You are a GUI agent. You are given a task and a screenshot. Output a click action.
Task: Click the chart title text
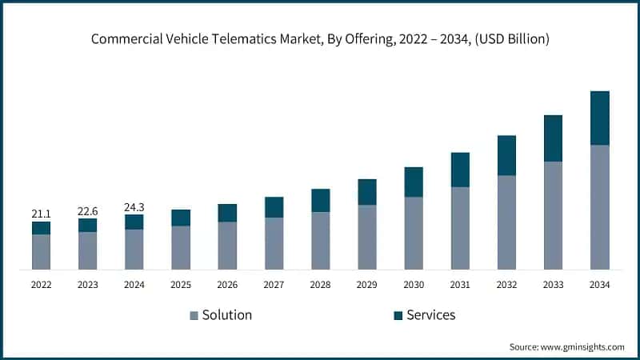(320, 38)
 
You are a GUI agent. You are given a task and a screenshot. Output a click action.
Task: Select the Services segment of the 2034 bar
(599, 118)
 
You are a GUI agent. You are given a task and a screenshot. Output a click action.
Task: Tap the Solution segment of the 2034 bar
(599, 207)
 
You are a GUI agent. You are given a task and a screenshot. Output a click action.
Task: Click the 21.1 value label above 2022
(42, 214)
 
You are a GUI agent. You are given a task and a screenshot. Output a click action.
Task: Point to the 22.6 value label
(88, 210)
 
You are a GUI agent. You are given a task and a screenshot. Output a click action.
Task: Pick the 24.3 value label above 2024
(134, 206)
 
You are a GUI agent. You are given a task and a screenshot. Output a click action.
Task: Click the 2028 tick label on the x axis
(320, 285)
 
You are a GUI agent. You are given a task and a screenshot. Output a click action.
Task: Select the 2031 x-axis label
(460, 285)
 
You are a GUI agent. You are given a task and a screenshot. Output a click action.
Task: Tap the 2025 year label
(181, 285)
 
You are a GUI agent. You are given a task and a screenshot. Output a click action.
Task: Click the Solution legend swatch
(194, 316)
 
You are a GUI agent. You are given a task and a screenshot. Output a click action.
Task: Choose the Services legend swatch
(398, 316)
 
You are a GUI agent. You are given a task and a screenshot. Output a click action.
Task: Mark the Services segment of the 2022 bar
(42, 228)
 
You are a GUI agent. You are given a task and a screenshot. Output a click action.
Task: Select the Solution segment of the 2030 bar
(414, 233)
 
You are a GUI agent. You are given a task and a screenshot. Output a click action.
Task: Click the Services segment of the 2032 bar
(506, 155)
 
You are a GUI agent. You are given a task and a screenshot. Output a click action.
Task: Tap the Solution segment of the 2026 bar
(227, 245)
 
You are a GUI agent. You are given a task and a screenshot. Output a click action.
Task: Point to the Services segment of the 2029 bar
(367, 192)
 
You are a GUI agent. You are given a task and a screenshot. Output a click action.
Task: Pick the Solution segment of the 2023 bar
(88, 250)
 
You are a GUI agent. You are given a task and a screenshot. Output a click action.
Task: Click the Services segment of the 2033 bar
(553, 138)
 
